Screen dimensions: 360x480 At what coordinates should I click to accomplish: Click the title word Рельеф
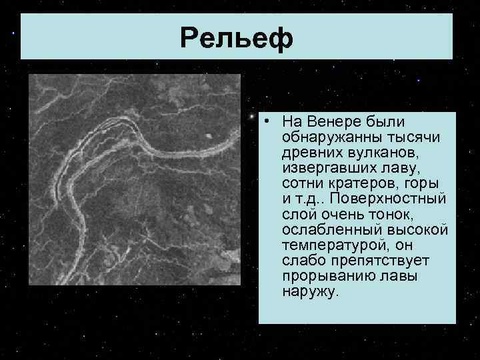point(236,39)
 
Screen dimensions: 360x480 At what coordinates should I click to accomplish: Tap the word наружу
point(311,291)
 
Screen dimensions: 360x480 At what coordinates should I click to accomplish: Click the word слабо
point(300,260)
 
